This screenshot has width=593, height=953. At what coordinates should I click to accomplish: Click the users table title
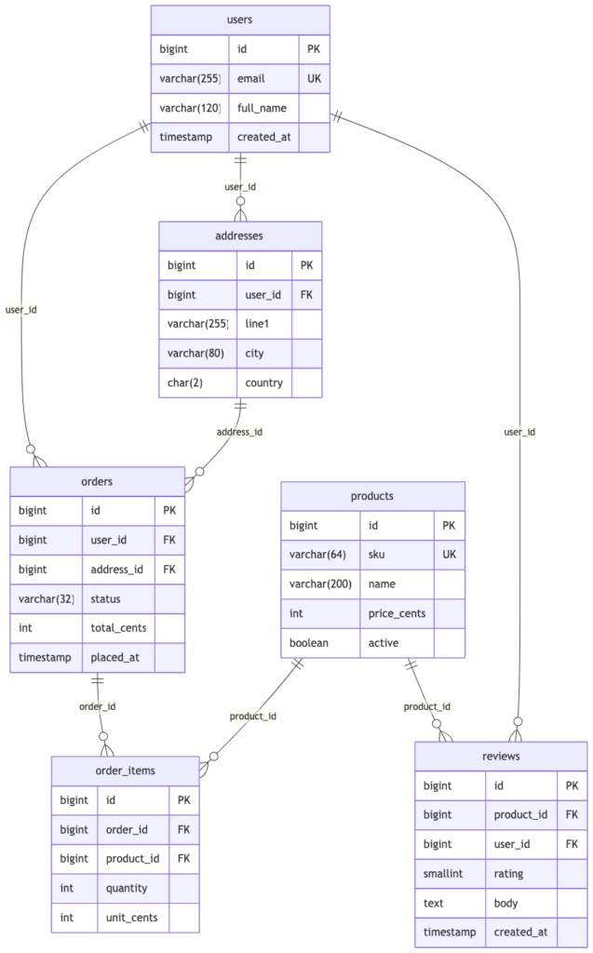tap(239, 20)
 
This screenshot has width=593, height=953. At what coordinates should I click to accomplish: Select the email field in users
tap(250, 78)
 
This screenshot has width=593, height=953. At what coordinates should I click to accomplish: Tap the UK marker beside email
tap(314, 78)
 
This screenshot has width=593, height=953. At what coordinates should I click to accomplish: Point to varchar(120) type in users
tap(190, 108)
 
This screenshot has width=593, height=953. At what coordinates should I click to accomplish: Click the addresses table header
tap(239, 235)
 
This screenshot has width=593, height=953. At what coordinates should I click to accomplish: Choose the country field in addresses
tap(264, 383)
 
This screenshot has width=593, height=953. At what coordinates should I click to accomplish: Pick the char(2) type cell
tap(185, 383)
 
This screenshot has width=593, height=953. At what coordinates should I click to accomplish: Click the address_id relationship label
tap(239, 432)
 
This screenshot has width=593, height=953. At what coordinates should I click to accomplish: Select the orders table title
tap(97, 482)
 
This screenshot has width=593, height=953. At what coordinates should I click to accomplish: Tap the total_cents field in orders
tap(118, 628)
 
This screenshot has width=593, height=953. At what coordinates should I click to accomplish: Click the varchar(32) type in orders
tap(47, 598)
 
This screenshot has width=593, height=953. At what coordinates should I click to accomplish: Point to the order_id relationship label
tap(98, 706)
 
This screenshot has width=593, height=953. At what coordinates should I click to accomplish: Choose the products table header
tap(372, 497)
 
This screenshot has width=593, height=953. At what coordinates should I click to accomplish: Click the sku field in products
tap(376, 555)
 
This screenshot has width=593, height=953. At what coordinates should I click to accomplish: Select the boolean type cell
tap(309, 643)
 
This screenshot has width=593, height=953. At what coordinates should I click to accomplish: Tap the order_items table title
tap(126, 771)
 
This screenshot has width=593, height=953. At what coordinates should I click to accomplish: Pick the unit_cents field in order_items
tap(132, 918)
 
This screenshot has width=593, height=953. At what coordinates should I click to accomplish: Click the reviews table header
tap(501, 756)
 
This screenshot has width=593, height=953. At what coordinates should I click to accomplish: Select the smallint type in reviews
tap(443, 873)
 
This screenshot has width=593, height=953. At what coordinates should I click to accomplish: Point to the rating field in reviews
tap(508, 874)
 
